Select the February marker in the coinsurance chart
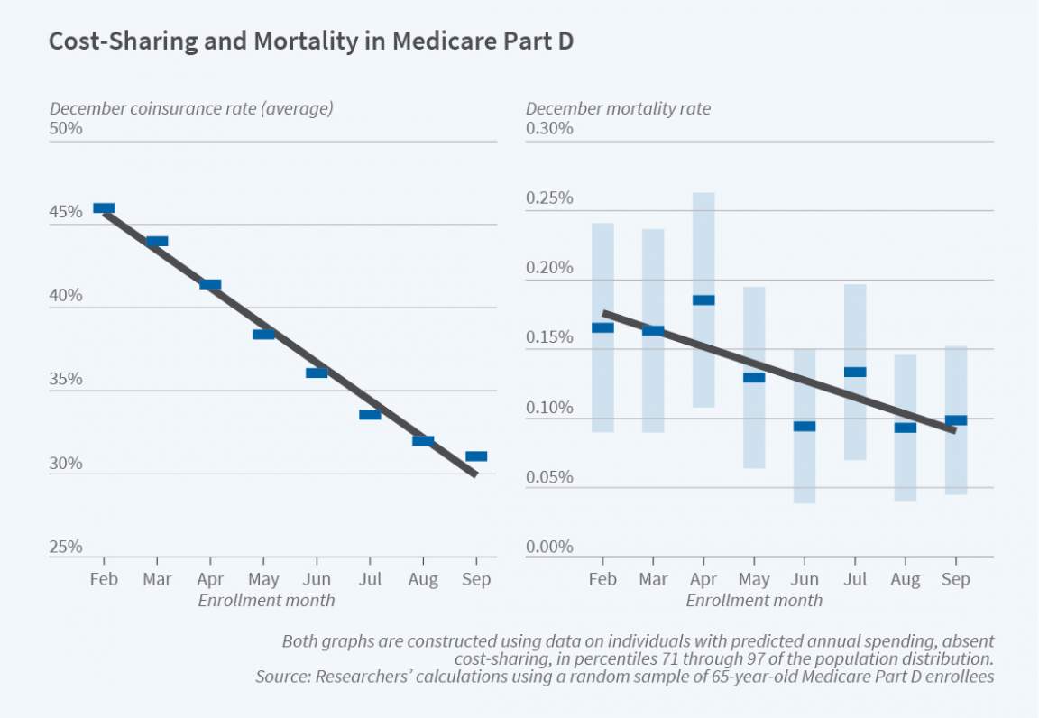pos(104,208)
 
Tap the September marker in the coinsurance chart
pos(476,456)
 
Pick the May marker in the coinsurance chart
pos(263,335)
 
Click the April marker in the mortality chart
pos(703,300)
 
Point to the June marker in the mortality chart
pos(805,427)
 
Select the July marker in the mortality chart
pos(855,372)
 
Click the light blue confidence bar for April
pos(703,361)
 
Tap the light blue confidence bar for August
pos(906,469)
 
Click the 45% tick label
pos(66,213)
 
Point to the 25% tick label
pos(66,547)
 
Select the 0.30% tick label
pos(549,129)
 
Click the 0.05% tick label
pos(549,477)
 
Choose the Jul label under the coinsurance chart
pos(370,580)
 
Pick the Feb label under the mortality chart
pos(602,580)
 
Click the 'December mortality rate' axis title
pos(618,109)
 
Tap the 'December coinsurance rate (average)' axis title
pos(191,109)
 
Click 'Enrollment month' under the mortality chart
pos(754,600)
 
